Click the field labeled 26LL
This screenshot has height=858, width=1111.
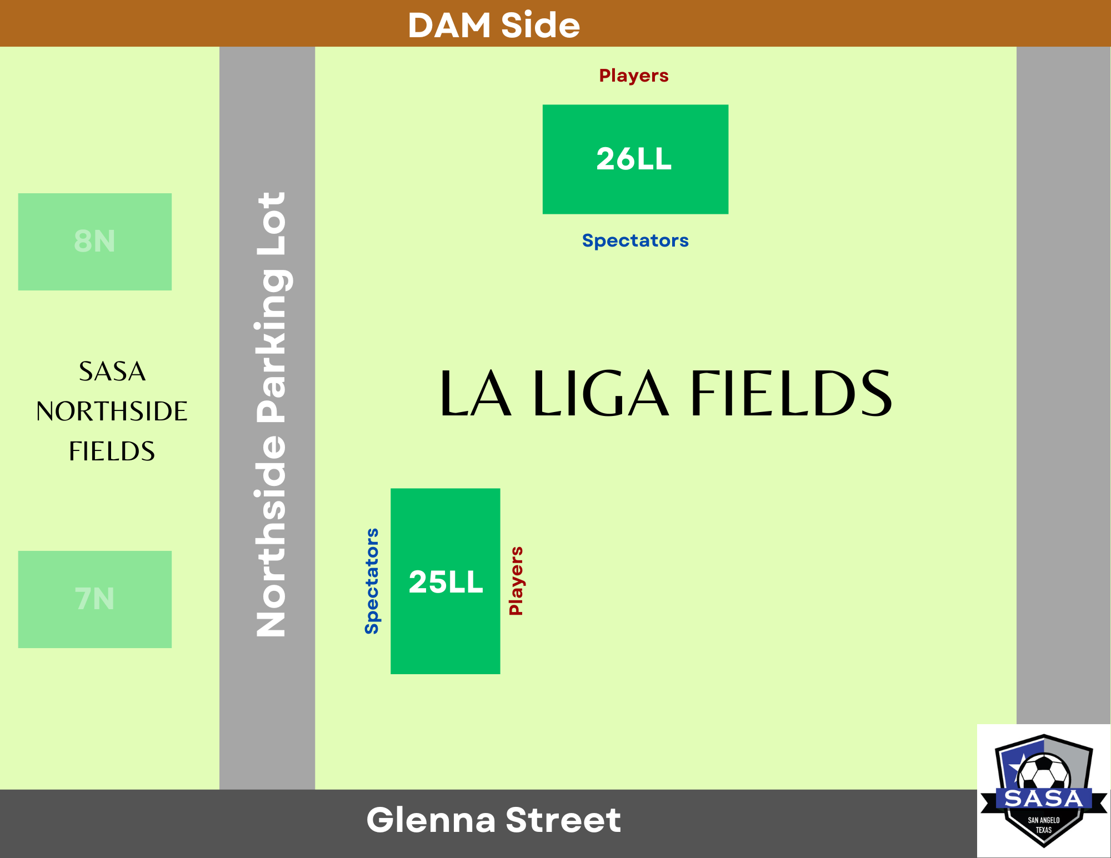(635, 159)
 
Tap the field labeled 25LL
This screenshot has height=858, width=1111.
(446, 581)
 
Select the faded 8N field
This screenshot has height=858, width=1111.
(95, 242)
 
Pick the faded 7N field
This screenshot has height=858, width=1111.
(95, 599)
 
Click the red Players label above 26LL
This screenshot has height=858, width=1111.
(634, 76)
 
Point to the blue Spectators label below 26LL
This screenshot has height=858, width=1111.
(635, 240)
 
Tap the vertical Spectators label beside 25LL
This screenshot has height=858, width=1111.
(372, 581)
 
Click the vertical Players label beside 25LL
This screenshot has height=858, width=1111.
(516, 581)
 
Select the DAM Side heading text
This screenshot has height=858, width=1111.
(494, 25)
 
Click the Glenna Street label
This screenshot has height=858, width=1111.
(493, 820)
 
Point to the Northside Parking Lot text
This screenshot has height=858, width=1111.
(271, 414)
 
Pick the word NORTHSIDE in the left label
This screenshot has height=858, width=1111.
(112, 412)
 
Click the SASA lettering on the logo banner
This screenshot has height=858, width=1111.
(1044, 799)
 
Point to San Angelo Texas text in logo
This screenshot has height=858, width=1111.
(1043, 825)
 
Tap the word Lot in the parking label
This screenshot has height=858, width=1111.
(271, 223)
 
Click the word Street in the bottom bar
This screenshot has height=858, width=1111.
(563, 820)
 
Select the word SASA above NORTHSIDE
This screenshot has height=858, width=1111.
(112, 372)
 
